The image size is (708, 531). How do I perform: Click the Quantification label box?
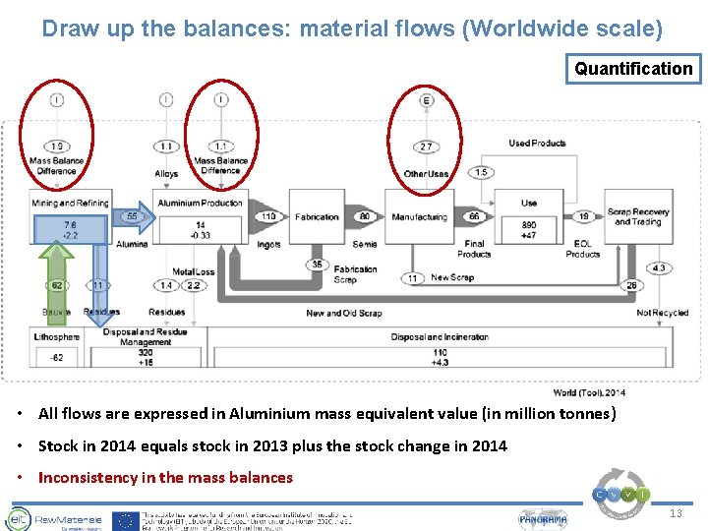coord(633,69)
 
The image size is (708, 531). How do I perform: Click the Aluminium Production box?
coord(201,203)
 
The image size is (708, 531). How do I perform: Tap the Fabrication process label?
coord(317,217)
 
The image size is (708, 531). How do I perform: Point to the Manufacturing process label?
coord(419,217)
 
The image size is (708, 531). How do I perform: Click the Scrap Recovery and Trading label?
coord(637,216)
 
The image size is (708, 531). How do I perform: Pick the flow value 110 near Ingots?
coord(268,216)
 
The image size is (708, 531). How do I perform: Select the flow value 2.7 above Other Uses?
coord(426,147)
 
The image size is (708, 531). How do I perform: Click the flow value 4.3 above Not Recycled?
coord(658,268)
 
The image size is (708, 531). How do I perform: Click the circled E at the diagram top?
coord(426,100)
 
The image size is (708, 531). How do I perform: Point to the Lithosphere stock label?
coord(56,337)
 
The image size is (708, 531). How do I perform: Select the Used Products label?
coord(537,144)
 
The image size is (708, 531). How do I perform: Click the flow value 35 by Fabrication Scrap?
coord(317,265)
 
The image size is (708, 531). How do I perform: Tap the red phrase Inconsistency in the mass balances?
coord(165,478)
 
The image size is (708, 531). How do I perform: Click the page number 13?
coord(676,514)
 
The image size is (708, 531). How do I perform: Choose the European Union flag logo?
coord(124,519)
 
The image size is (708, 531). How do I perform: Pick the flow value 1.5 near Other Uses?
coord(480,173)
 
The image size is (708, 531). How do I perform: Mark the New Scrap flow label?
coord(453,278)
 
